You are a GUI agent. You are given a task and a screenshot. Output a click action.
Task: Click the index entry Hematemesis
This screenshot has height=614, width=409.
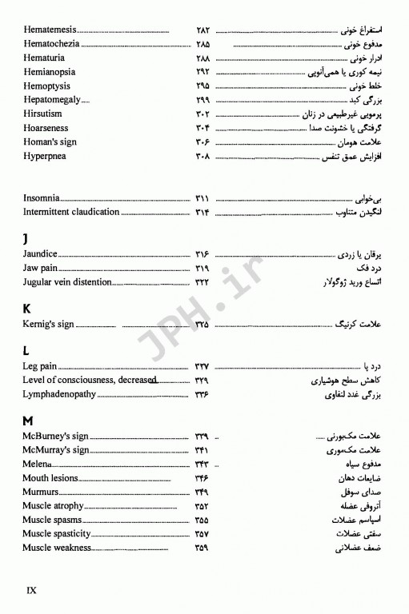coord(52,30)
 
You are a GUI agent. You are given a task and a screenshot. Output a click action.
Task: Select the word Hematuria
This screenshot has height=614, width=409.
coord(45,58)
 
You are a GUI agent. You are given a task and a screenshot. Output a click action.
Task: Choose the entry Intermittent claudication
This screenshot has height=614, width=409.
coord(71,212)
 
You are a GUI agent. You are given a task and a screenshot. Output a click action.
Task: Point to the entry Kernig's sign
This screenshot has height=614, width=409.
coord(49,324)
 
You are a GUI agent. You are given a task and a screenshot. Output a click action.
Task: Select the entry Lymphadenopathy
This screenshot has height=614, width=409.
coord(59,394)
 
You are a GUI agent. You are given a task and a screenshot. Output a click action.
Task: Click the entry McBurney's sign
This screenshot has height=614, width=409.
coord(55,436)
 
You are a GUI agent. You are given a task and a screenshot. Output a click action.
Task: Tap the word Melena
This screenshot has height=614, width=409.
coord(38,464)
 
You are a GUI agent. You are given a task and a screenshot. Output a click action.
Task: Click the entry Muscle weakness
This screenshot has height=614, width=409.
coord(57,548)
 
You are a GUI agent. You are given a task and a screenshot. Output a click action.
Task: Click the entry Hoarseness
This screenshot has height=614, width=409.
coord(46,128)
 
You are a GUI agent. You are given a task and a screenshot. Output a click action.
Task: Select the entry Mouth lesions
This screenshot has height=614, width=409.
coord(50,478)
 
